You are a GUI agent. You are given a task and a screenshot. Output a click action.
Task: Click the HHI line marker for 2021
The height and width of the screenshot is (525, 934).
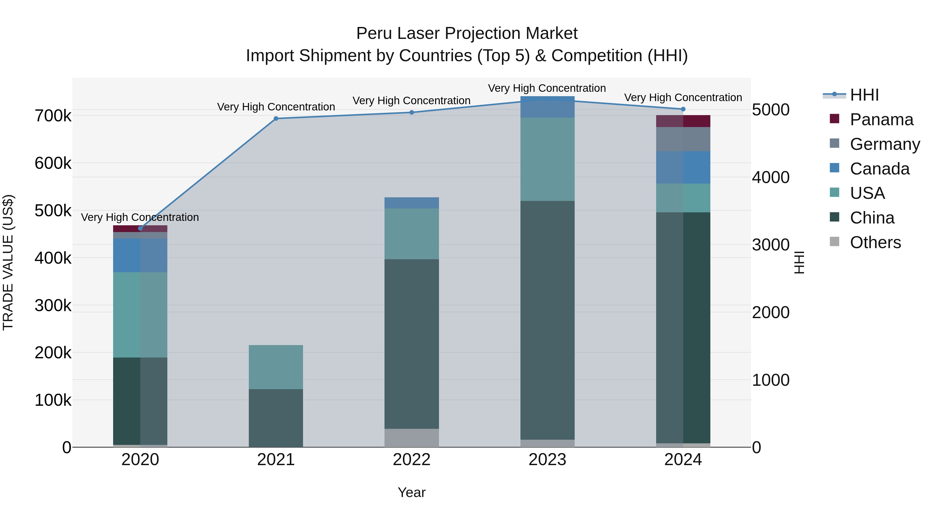coord(276,118)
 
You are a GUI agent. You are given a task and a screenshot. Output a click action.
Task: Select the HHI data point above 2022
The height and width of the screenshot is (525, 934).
coord(411,112)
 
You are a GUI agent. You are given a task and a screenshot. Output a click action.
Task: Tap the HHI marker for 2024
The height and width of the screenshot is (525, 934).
coord(683,109)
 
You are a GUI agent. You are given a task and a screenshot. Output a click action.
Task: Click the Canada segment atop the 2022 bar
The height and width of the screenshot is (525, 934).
coord(411,203)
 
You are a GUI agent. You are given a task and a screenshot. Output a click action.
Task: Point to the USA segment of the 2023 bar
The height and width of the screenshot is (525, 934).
coord(547,159)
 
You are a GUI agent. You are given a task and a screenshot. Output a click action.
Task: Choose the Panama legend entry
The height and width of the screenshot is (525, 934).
coord(881,120)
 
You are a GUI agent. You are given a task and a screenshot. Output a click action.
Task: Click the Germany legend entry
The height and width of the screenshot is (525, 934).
coord(885,144)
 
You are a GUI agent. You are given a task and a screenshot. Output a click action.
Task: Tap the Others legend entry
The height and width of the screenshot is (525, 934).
coord(875,242)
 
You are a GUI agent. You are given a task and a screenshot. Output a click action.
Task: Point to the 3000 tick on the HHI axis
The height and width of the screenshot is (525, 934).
coord(771,245)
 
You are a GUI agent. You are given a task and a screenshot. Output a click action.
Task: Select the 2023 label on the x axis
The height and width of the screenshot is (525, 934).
coord(547,460)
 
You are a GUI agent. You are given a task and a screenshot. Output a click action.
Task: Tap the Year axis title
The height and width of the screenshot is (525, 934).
coord(411,492)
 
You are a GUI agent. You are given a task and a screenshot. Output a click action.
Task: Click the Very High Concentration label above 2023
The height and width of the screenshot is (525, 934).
coord(547,88)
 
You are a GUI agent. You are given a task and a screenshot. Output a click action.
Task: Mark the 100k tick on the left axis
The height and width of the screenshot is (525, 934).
coord(53,400)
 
